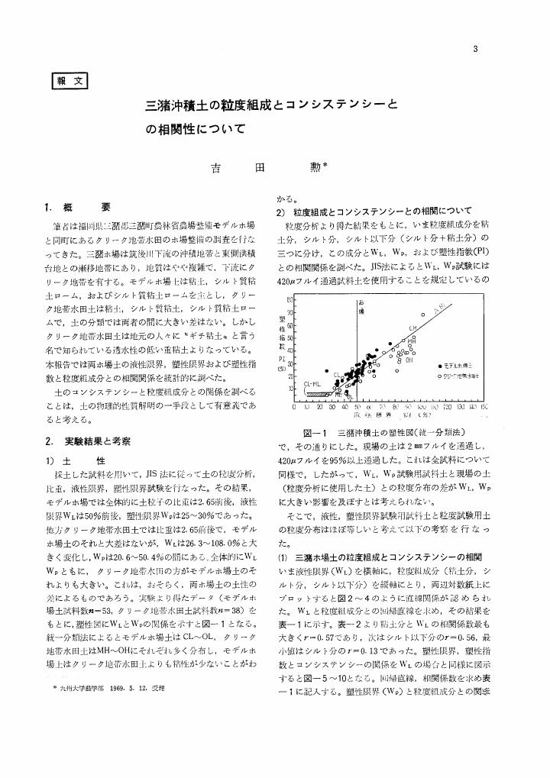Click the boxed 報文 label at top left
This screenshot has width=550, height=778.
pos(69,79)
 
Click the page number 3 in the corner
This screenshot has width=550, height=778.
pos(476,50)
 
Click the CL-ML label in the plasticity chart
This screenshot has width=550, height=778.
pos(312,381)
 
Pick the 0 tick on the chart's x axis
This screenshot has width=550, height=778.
pos(295,408)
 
